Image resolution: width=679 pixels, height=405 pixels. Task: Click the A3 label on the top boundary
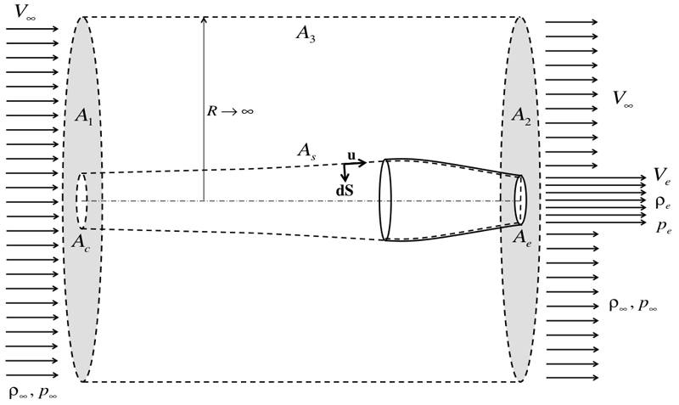pyautogui.click(x=306, y=34)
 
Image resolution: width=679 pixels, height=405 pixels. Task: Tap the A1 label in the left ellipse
pyautogui.click(x=83, y=116)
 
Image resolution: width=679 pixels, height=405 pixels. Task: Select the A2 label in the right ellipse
pyautogui.click(x=521, y=116)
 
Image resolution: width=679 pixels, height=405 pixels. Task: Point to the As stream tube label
pyautogui.click(x=306, y=152)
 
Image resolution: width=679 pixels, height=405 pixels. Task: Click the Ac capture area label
pyautogui.click(x=81, y=243)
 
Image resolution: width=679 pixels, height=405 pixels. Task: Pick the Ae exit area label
pyautogui.click(x=522, y=239)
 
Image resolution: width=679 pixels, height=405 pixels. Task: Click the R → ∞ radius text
pyautogui.click(x=229, y=111)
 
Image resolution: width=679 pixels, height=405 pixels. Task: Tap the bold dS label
pyautogui.click(x=345, y=190)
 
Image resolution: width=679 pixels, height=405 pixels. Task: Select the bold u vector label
pyautogui.click(x=351, y=155)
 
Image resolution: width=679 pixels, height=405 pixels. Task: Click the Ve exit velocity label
pyautogui.click(x=662, y=176)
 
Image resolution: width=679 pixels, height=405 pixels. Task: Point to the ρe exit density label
pyautogui.click(x=663, y=203)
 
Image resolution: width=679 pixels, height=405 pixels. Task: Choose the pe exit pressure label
pyautogui.click(x=664, y=227)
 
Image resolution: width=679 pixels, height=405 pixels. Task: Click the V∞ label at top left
pyautogui.click(x=25, y=12)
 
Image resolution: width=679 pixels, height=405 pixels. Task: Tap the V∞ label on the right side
pyautogui.click(x=623, y=98)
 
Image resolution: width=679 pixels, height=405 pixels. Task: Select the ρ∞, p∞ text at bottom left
pyautogui.click(x=33, y=393)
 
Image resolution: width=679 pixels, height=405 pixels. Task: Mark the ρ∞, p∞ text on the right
pyautogui.click(x=633, y=306)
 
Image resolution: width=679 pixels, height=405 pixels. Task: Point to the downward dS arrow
pyautogui.click(x=345, y=173)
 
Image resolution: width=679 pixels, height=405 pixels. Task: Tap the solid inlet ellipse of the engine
pyautogui.click(x=379, y=200)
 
